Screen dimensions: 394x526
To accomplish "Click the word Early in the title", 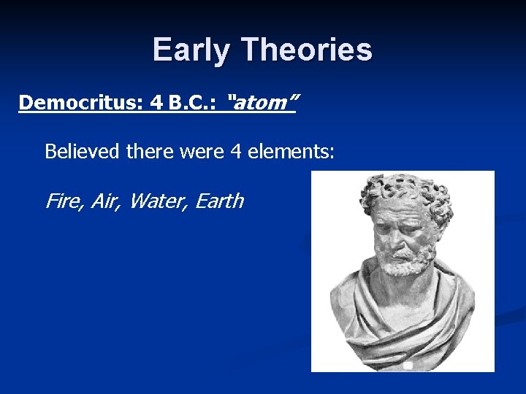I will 192,50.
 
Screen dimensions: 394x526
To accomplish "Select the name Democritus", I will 80,103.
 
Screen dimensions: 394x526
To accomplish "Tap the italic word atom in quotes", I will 262,103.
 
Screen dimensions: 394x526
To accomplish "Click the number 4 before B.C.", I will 156,103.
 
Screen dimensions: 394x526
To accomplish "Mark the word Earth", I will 219,201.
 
